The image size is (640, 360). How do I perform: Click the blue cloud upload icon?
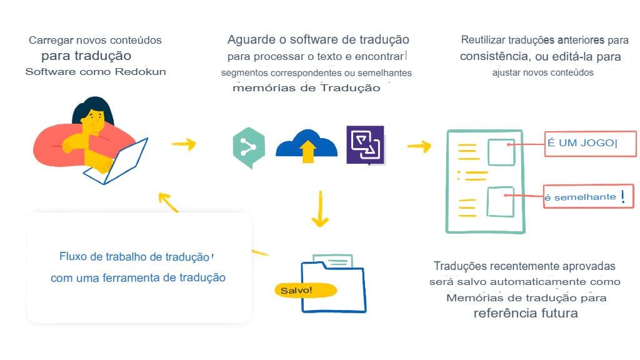click(306, 146)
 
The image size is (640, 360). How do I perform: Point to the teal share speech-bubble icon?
click(248, 147)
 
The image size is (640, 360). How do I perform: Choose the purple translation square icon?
click(365, 144)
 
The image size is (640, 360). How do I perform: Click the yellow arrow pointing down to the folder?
click(320, 209)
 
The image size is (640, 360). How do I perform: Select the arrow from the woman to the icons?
click(184, 144)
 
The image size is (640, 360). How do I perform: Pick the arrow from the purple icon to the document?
click(419, 146)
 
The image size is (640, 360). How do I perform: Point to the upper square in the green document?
click(501, 152)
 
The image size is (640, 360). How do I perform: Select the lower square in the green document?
click(501, 201)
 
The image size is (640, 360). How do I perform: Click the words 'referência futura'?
click(525, 313)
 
